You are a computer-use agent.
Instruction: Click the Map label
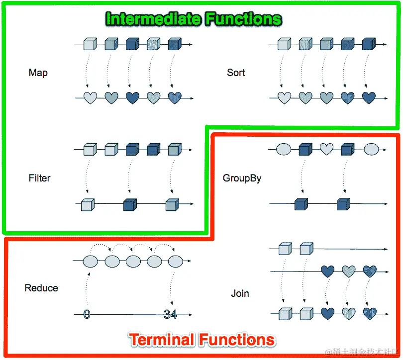[x=38, y=73]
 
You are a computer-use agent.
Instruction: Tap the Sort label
[x=236, y=73]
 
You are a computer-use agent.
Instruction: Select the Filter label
[x=39, y=178]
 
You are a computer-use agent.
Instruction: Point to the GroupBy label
[x=242, y=178]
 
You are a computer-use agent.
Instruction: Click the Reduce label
[x=41, y=288]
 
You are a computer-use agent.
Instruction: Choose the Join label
[x=240, y=293]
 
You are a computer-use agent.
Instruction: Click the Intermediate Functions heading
[x=194, y=19]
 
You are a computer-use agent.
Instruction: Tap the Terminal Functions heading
[x=202, y=340]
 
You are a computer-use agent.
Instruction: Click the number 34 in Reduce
[x=171, y=314]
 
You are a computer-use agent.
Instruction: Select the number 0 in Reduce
[x=87, y=314]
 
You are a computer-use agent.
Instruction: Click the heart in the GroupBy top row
[x=326, y=149]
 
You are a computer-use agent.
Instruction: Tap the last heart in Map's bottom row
[x=175, y=98]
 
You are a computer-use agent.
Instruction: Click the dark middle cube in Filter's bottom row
[x=130, y=204]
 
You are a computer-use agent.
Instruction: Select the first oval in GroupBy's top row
[x=284, y=149]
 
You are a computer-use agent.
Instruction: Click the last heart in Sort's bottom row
[x=368, y=98]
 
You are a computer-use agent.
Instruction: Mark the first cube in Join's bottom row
[x=285, y=314]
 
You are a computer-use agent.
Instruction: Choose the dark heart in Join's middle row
[x=327, y=271]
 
